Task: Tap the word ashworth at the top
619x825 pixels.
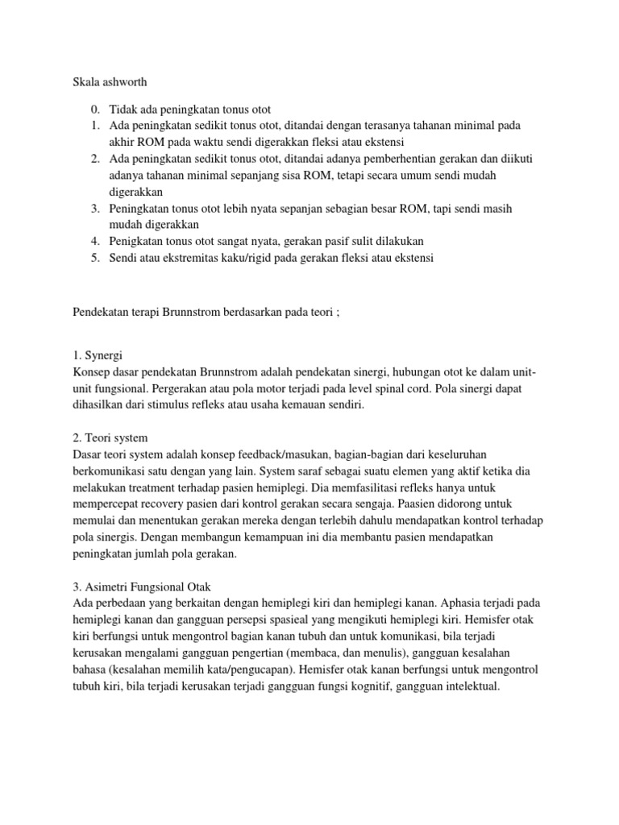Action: [120, 81]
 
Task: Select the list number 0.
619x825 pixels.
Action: [95, 109]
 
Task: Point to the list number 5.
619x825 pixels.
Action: [95, 257]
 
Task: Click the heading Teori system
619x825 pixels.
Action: [110, 438]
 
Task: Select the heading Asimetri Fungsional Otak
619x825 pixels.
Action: [139, 587]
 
